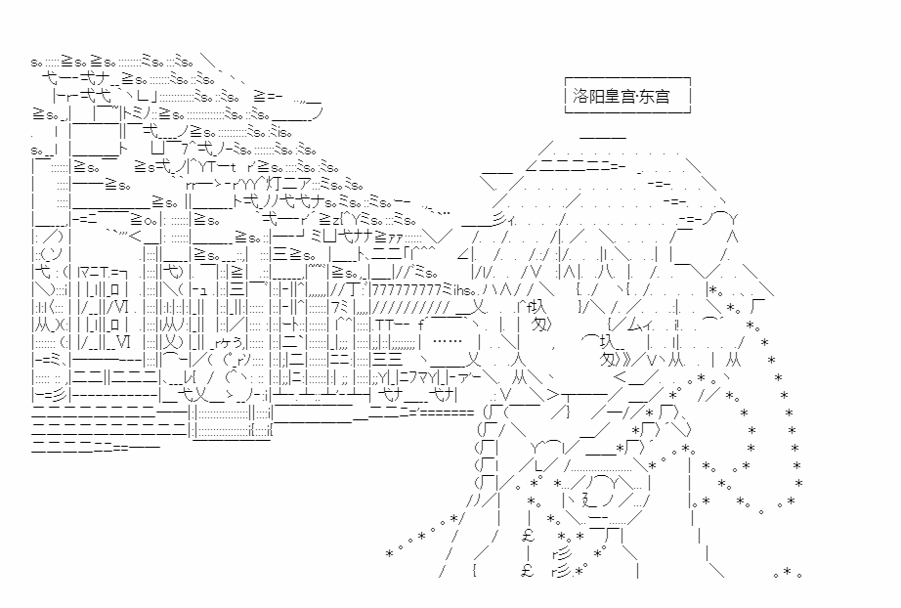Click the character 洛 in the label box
click(x=582, y=97)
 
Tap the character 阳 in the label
click(x=600, y=97)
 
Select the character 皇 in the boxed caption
click(x=618, y=97)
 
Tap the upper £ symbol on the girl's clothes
click(x=528, y=535)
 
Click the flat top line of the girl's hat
click(x=603, y=136)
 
